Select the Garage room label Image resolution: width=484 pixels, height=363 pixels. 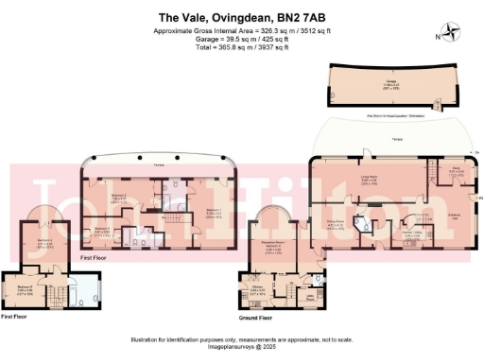pos(389,81)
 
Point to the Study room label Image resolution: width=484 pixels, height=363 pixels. pos(455,170)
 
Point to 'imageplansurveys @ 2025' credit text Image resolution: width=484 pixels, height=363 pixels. pos(241,347)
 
